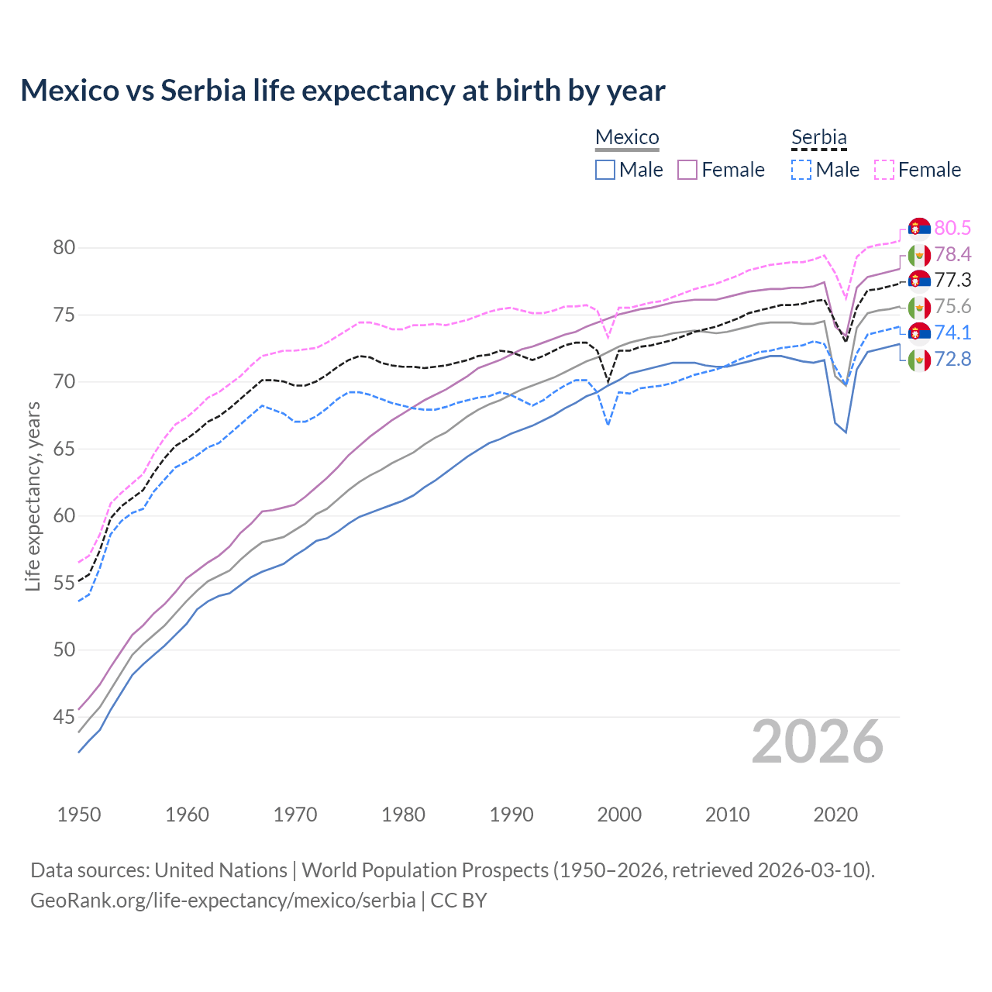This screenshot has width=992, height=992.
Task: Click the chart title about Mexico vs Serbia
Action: [x=343, y=91]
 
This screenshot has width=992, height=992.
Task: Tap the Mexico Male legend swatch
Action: [x=605, y=170]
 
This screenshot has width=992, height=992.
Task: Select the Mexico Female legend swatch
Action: [x=688, y=170]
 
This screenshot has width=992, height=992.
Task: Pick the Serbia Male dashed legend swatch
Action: [x=801, y=170]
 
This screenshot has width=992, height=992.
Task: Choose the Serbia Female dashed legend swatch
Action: [x=884, y=170]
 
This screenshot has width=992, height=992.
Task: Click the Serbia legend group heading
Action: [x=818, y=137]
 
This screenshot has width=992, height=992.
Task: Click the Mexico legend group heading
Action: [x=627, y=137]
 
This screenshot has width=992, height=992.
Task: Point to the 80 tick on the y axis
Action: [x=64, y=248]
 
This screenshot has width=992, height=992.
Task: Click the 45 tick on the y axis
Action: [x=64, y=717]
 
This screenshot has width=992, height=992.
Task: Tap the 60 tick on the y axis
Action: [x=64, y=515]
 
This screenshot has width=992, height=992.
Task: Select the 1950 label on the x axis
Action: [x=79, y=815]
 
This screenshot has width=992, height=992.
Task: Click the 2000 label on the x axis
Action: [x=619, y=815]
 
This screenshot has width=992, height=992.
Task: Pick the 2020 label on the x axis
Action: [x=835, y=815]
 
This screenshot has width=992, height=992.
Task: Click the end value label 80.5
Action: [x=952, y=228]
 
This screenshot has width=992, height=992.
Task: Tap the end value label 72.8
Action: [x=952, y=359]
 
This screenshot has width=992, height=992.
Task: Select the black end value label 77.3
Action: [x=952, y=280]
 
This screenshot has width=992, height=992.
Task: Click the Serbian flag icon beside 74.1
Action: [x=919, y=332]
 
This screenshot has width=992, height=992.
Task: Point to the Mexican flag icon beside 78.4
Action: [x=919, y=254]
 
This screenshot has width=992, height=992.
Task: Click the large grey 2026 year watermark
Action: [x=818, y=742]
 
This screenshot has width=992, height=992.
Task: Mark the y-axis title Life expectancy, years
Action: [x=33, y=496]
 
